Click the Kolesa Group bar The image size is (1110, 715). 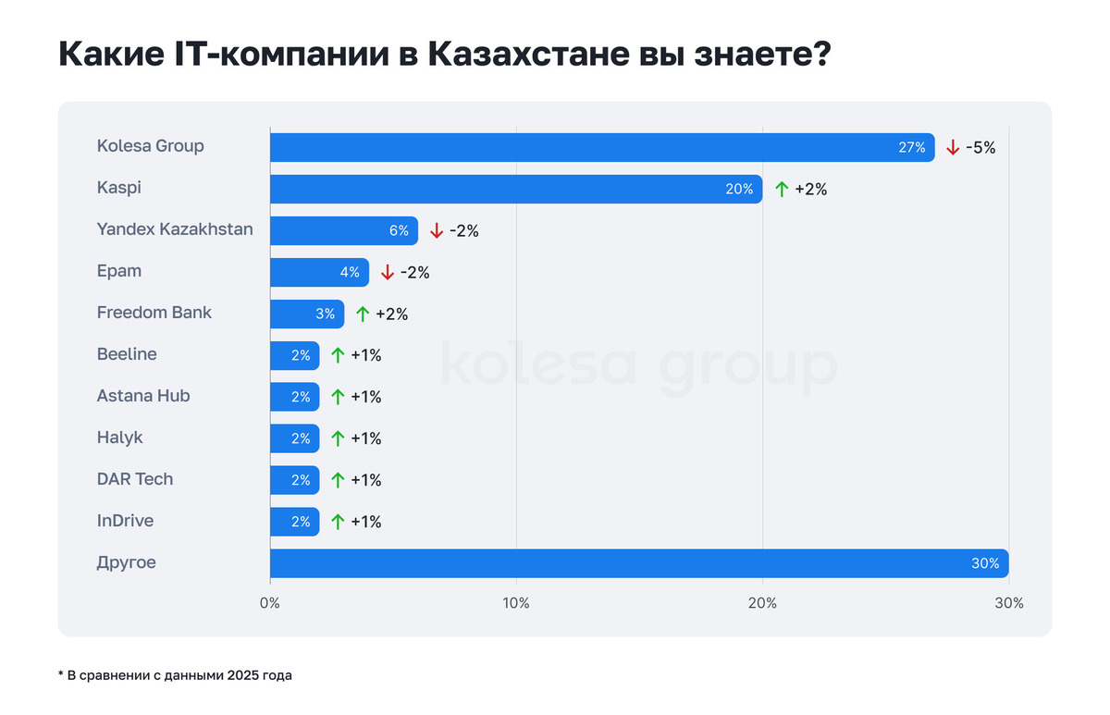[x=601, y=147]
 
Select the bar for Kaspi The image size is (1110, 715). [x=515, y=189]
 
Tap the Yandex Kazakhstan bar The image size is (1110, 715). [x=343, y=230]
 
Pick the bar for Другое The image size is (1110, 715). [x=638, y=563]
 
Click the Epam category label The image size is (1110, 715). [x=119, y=271]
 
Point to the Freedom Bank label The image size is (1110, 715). [x=154, y=313]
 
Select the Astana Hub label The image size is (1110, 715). [x=143, y=396]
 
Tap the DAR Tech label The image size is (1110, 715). [x=135, y=479]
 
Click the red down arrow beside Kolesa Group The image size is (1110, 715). [x=953, y=147]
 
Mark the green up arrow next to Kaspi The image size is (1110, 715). [x=782, y=189]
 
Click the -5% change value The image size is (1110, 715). [x=980, y=147]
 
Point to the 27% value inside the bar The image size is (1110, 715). [x=912, y=147]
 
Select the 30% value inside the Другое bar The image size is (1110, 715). [x=985, y=563]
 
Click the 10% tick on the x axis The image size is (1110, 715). [x=515, y=603]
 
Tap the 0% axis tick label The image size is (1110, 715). [x=270, y=603]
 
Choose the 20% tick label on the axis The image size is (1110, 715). [x=762, y=603]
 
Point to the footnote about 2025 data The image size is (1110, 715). [x=175, y=675]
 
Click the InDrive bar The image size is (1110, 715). [x=294, y=522]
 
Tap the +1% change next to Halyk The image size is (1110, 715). [x=366, y=438]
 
